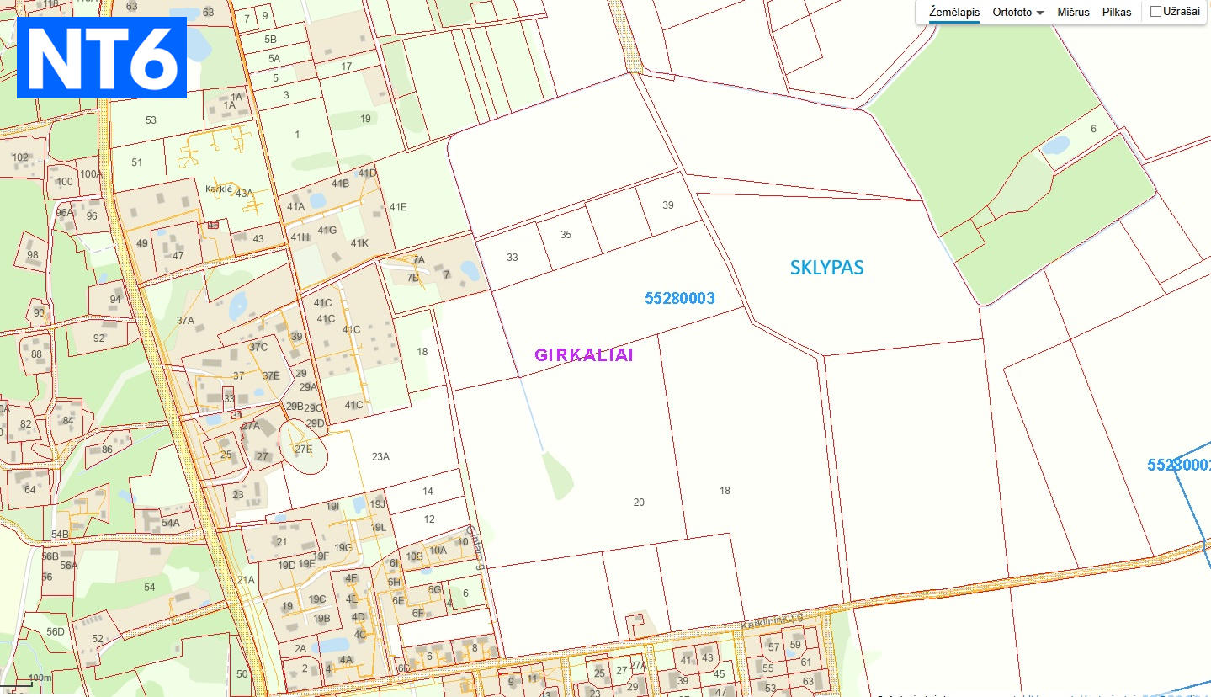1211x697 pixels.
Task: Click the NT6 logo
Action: pos(101,57)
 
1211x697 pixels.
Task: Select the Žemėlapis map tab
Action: pos(953,13)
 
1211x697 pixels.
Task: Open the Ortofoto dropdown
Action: pos(1017,13)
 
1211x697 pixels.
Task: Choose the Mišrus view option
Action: pos(1073,13)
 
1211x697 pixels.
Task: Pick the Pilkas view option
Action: pos(1117,13)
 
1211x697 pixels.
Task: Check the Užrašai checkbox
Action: pos(1155,12)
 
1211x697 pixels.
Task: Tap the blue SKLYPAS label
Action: pos(826,268)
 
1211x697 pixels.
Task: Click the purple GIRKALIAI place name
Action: pos(583,355)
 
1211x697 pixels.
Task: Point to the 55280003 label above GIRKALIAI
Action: pos(679,298)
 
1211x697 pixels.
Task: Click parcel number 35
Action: pos(566,235)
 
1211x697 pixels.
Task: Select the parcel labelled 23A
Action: pos(380,457)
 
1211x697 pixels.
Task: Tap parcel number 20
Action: pos(639,503)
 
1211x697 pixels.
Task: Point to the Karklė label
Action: pos(219,189)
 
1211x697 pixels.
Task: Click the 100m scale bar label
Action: pos(40,678)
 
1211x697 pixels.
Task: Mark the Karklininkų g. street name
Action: pos(772,621)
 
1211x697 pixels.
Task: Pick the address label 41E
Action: pos(397,207)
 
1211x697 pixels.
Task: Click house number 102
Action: pos(20,157)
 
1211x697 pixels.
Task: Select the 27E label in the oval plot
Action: pos(303,449)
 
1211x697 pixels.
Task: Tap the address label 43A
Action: pos(244,193)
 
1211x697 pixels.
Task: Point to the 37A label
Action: pos(185,320)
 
